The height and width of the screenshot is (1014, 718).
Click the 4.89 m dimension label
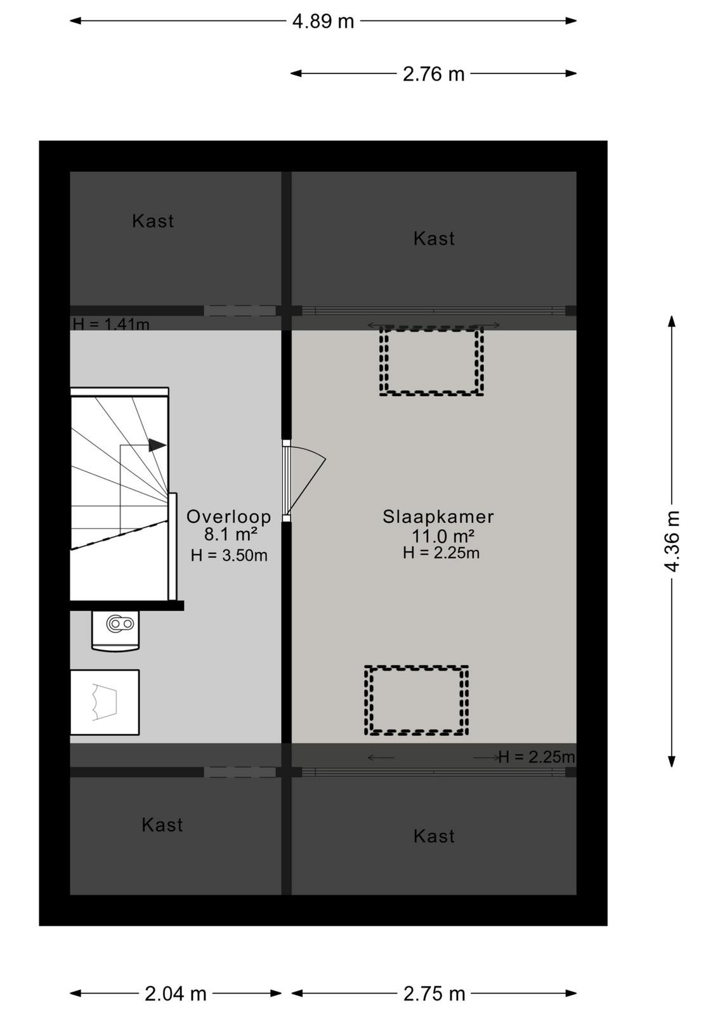pos(323,22)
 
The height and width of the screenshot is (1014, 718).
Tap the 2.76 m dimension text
pos(433,74)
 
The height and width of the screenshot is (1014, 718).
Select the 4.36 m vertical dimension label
pos(672,541)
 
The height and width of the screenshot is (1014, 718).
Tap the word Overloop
pos(229,517)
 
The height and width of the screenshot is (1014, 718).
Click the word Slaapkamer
pos(438,517)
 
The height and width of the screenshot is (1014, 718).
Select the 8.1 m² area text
pos(231,534)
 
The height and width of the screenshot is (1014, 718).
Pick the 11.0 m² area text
pos(443,536)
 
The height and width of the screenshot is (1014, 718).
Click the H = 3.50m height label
pos(229,555)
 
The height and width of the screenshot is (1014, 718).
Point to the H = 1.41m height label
pos(111,324)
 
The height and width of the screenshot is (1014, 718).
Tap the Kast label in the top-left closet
pos(153,221)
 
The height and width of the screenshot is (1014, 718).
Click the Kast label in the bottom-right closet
pos(433,836)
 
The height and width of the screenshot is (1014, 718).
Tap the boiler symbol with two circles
pos(120,624)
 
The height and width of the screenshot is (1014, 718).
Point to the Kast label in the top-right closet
pos(433,238)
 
